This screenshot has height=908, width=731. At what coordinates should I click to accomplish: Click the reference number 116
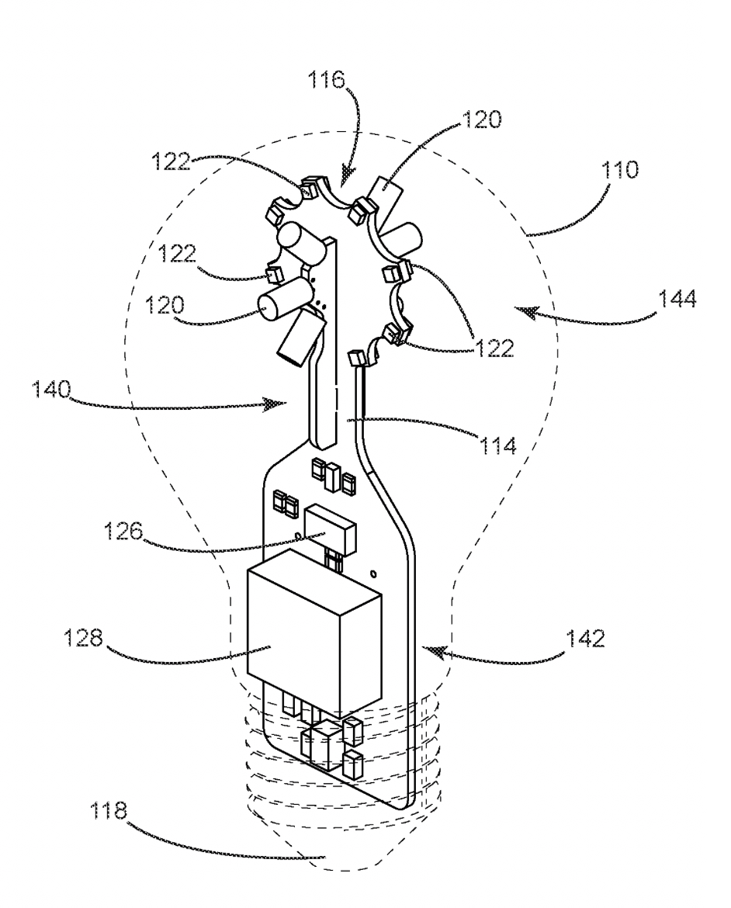point(326,80)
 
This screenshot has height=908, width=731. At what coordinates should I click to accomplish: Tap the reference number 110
point(620,170)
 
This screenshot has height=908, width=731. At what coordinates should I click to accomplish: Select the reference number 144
point(677,299)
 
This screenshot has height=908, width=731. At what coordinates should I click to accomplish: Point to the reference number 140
point(51,389)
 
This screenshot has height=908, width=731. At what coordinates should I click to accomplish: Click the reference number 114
point(497,445)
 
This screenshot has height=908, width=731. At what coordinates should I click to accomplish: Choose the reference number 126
point(123,530)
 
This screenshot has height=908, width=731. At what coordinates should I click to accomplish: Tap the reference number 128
point(83,638)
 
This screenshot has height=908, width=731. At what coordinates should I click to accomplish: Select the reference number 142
point(585,638)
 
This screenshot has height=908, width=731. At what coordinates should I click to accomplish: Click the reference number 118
point(109,810)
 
